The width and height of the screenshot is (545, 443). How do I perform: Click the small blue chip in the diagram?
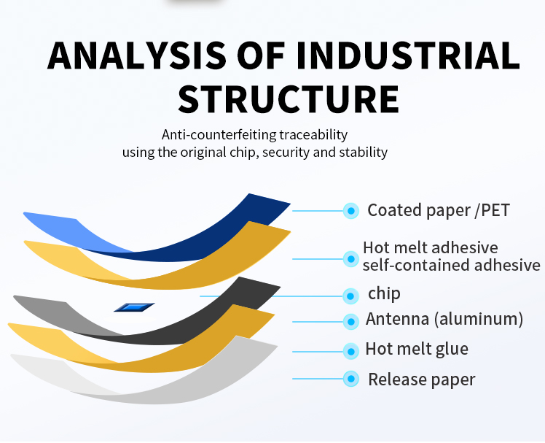click(x=134, y=307)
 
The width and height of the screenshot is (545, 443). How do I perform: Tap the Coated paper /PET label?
click(x=438, y=211)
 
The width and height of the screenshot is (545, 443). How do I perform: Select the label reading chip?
click(x=384, y=294)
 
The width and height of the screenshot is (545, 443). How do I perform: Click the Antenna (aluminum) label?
click(x=444, y=319)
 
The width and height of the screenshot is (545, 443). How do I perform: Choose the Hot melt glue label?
click(x=417, y=349)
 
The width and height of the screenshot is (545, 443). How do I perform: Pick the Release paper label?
click(x=421, y=380)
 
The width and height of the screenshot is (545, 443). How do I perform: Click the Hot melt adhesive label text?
click(x=430, y=247)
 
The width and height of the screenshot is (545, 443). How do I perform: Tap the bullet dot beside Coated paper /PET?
click(x=351, y=211)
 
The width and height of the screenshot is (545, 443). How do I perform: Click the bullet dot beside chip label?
click(x=351, y=296)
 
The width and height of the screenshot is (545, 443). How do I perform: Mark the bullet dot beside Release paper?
click(x=351, y=379)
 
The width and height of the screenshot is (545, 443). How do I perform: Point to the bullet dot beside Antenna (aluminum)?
click(x=351, y=320)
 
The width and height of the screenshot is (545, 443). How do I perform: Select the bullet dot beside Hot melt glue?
click(x=351, y=350)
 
